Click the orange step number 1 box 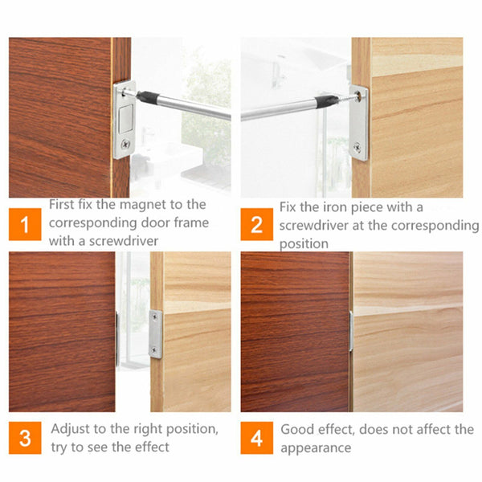click(x=25, y=224)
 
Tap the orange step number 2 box click(x=256, y=224)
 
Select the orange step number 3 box click(x=25, y=439)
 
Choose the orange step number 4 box click(x=256, y=439)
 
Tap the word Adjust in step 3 click(x=72, y=429)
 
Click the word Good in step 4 click(x=297, y=429)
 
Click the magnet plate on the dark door click(x=124, y=120)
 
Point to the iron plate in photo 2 click(x=358, y=122)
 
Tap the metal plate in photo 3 click(x=155, y=333)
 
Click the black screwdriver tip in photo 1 click(x=146, y=96)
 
